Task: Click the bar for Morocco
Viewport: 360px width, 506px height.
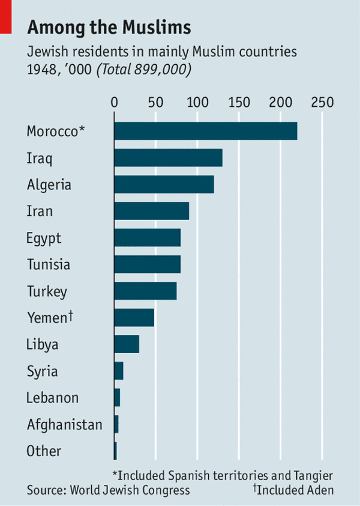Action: click(205, 131)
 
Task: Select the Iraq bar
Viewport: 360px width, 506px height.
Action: click(168, 158)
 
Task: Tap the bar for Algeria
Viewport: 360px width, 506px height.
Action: click(164, 185)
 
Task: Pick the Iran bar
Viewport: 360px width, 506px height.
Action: click(151, 211)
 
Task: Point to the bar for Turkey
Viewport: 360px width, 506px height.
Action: click(145, 291)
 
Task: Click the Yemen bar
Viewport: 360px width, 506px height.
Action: click(134, 318)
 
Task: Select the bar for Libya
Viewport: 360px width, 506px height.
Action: click(126, 345)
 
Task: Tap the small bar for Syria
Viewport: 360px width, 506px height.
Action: click(118, 371)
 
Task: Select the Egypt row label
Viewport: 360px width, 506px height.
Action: click(44, 239)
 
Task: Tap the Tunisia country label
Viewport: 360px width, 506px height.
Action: click(48, 264)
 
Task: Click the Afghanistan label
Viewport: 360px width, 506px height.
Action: click(64, 425)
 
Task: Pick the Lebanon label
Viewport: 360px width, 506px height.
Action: click(52, 397)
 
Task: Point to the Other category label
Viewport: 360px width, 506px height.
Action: click(44, 451)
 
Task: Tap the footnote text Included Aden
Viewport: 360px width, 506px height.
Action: click(295, 490)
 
